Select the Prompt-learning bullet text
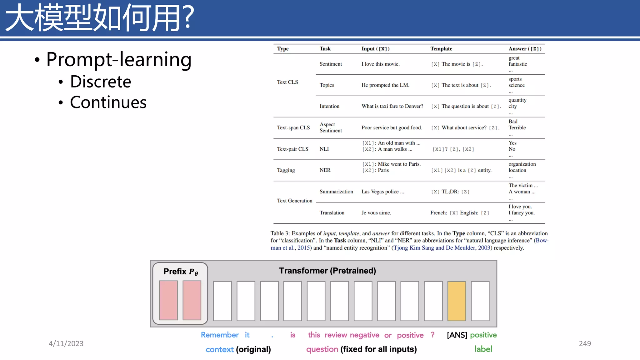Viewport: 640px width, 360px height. click(x=119, y=59)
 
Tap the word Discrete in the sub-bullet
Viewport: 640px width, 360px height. click(x=100, y=82)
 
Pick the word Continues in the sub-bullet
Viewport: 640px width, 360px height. click(x=108, y=102)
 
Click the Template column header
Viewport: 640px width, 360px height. click(x=441, y=49)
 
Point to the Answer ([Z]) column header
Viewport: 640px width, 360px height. click(x=525, y=49)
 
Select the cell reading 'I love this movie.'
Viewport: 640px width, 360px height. click(x=380, y=64)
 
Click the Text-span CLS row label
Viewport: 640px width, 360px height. click(x=293, y=128)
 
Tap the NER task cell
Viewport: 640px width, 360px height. click(x=325, y=170)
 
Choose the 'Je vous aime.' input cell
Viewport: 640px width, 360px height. click(x=376, y=213)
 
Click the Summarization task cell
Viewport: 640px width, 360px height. click(x=336, y=192)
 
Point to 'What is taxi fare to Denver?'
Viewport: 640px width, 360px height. click(x=392, y=106)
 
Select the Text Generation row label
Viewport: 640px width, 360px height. click(x=294, y=201)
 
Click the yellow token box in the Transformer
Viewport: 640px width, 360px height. click(x=457, y=301)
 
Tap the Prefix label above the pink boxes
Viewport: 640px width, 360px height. click(x=181, y=272)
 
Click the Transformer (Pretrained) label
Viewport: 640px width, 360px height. click(x=327, y=271)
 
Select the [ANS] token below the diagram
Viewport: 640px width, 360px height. click(x=457, y=335)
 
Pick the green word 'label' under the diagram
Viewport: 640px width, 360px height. click(x=483, y=349)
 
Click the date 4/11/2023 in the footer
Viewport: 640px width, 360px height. click(x=66, y=343)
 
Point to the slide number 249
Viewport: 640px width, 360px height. click(x=585, y=343)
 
